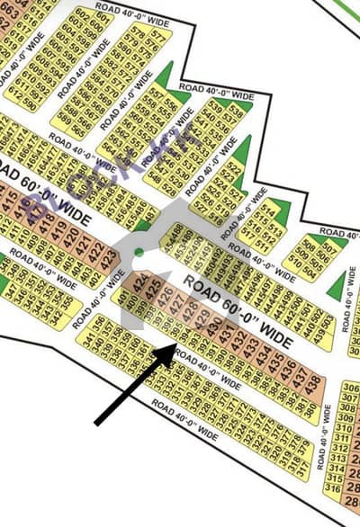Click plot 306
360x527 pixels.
coord(350,388)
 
